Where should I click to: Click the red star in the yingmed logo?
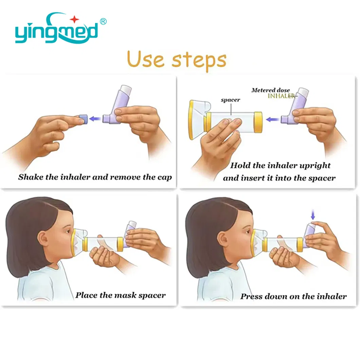point(74,19)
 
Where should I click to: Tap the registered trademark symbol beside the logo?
point(103,22)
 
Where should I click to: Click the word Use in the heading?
point(145,59)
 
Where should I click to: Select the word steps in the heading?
point(199,60)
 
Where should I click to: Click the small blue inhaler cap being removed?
point(83,120)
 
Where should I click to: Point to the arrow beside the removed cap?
point(95,119)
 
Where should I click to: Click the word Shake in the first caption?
point(30,177)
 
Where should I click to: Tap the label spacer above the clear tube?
point(230,100)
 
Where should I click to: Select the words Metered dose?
point(270,90)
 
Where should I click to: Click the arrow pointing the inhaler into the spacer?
point(273,120)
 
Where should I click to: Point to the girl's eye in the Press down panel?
point(248,232)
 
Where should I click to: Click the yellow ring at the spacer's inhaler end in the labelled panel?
point(258,122)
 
